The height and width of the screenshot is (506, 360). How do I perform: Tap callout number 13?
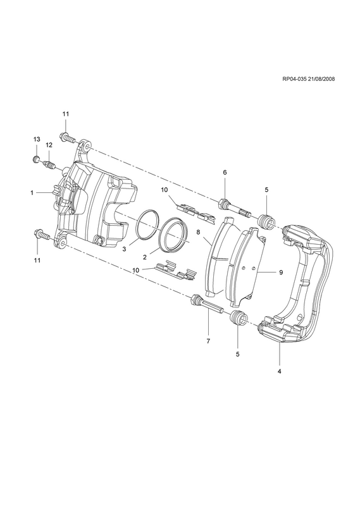point(37,139)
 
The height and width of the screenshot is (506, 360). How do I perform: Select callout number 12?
point(49,145)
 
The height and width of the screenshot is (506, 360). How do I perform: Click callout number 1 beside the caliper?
point(32,193)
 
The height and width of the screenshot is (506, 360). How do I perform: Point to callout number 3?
point(124,249)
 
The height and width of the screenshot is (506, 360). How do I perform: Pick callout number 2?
point(145,257)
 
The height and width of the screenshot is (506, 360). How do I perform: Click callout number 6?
point(225,172)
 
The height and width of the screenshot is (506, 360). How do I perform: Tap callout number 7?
point(208,341)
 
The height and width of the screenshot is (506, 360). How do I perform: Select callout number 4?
point(279,371)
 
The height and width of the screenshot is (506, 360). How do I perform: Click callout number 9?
point(281,273)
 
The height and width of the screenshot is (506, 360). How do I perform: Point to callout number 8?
point(198,232)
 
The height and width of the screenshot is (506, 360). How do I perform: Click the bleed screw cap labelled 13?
point(37,159)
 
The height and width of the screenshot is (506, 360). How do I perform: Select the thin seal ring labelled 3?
point(147,225)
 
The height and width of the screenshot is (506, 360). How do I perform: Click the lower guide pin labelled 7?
point(208,304)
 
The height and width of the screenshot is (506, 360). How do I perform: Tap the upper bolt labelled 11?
point(68,138)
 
